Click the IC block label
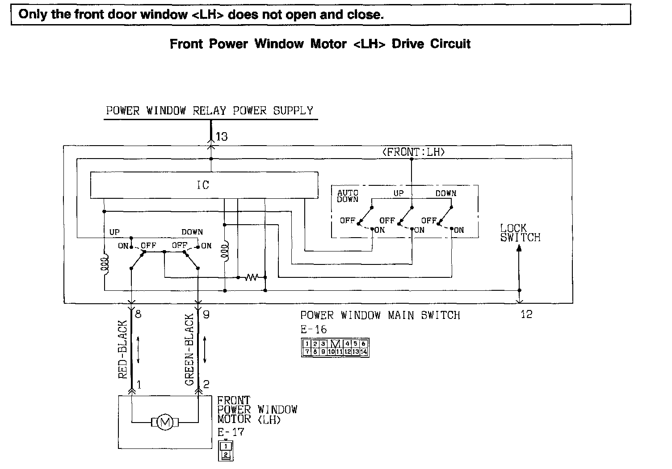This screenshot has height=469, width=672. point(203,185)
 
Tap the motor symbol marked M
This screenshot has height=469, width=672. point(165,422)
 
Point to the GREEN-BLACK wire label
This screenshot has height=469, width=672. point(189,350)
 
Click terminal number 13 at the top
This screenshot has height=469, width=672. point(222,137)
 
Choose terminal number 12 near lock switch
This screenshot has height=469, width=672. point(526,314)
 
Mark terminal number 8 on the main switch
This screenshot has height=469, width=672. point(138,314)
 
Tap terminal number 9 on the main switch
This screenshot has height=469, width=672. point(206,314)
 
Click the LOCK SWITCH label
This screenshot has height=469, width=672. point(520,233)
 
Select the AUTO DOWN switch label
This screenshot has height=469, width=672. point(348,196)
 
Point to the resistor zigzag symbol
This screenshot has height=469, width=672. point(252,277)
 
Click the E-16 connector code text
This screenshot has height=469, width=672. point(314,330)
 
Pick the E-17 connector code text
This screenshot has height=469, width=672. point(231,432)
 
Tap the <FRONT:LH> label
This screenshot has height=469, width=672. point(414,152)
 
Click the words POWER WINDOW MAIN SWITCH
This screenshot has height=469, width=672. point(380,315)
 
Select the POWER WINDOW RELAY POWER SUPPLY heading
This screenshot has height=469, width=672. point(210,111)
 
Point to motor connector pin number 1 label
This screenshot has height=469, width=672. point(139,384)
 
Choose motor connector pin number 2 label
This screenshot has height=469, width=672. point(206,384)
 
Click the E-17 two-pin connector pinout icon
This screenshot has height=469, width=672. point(226,450)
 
